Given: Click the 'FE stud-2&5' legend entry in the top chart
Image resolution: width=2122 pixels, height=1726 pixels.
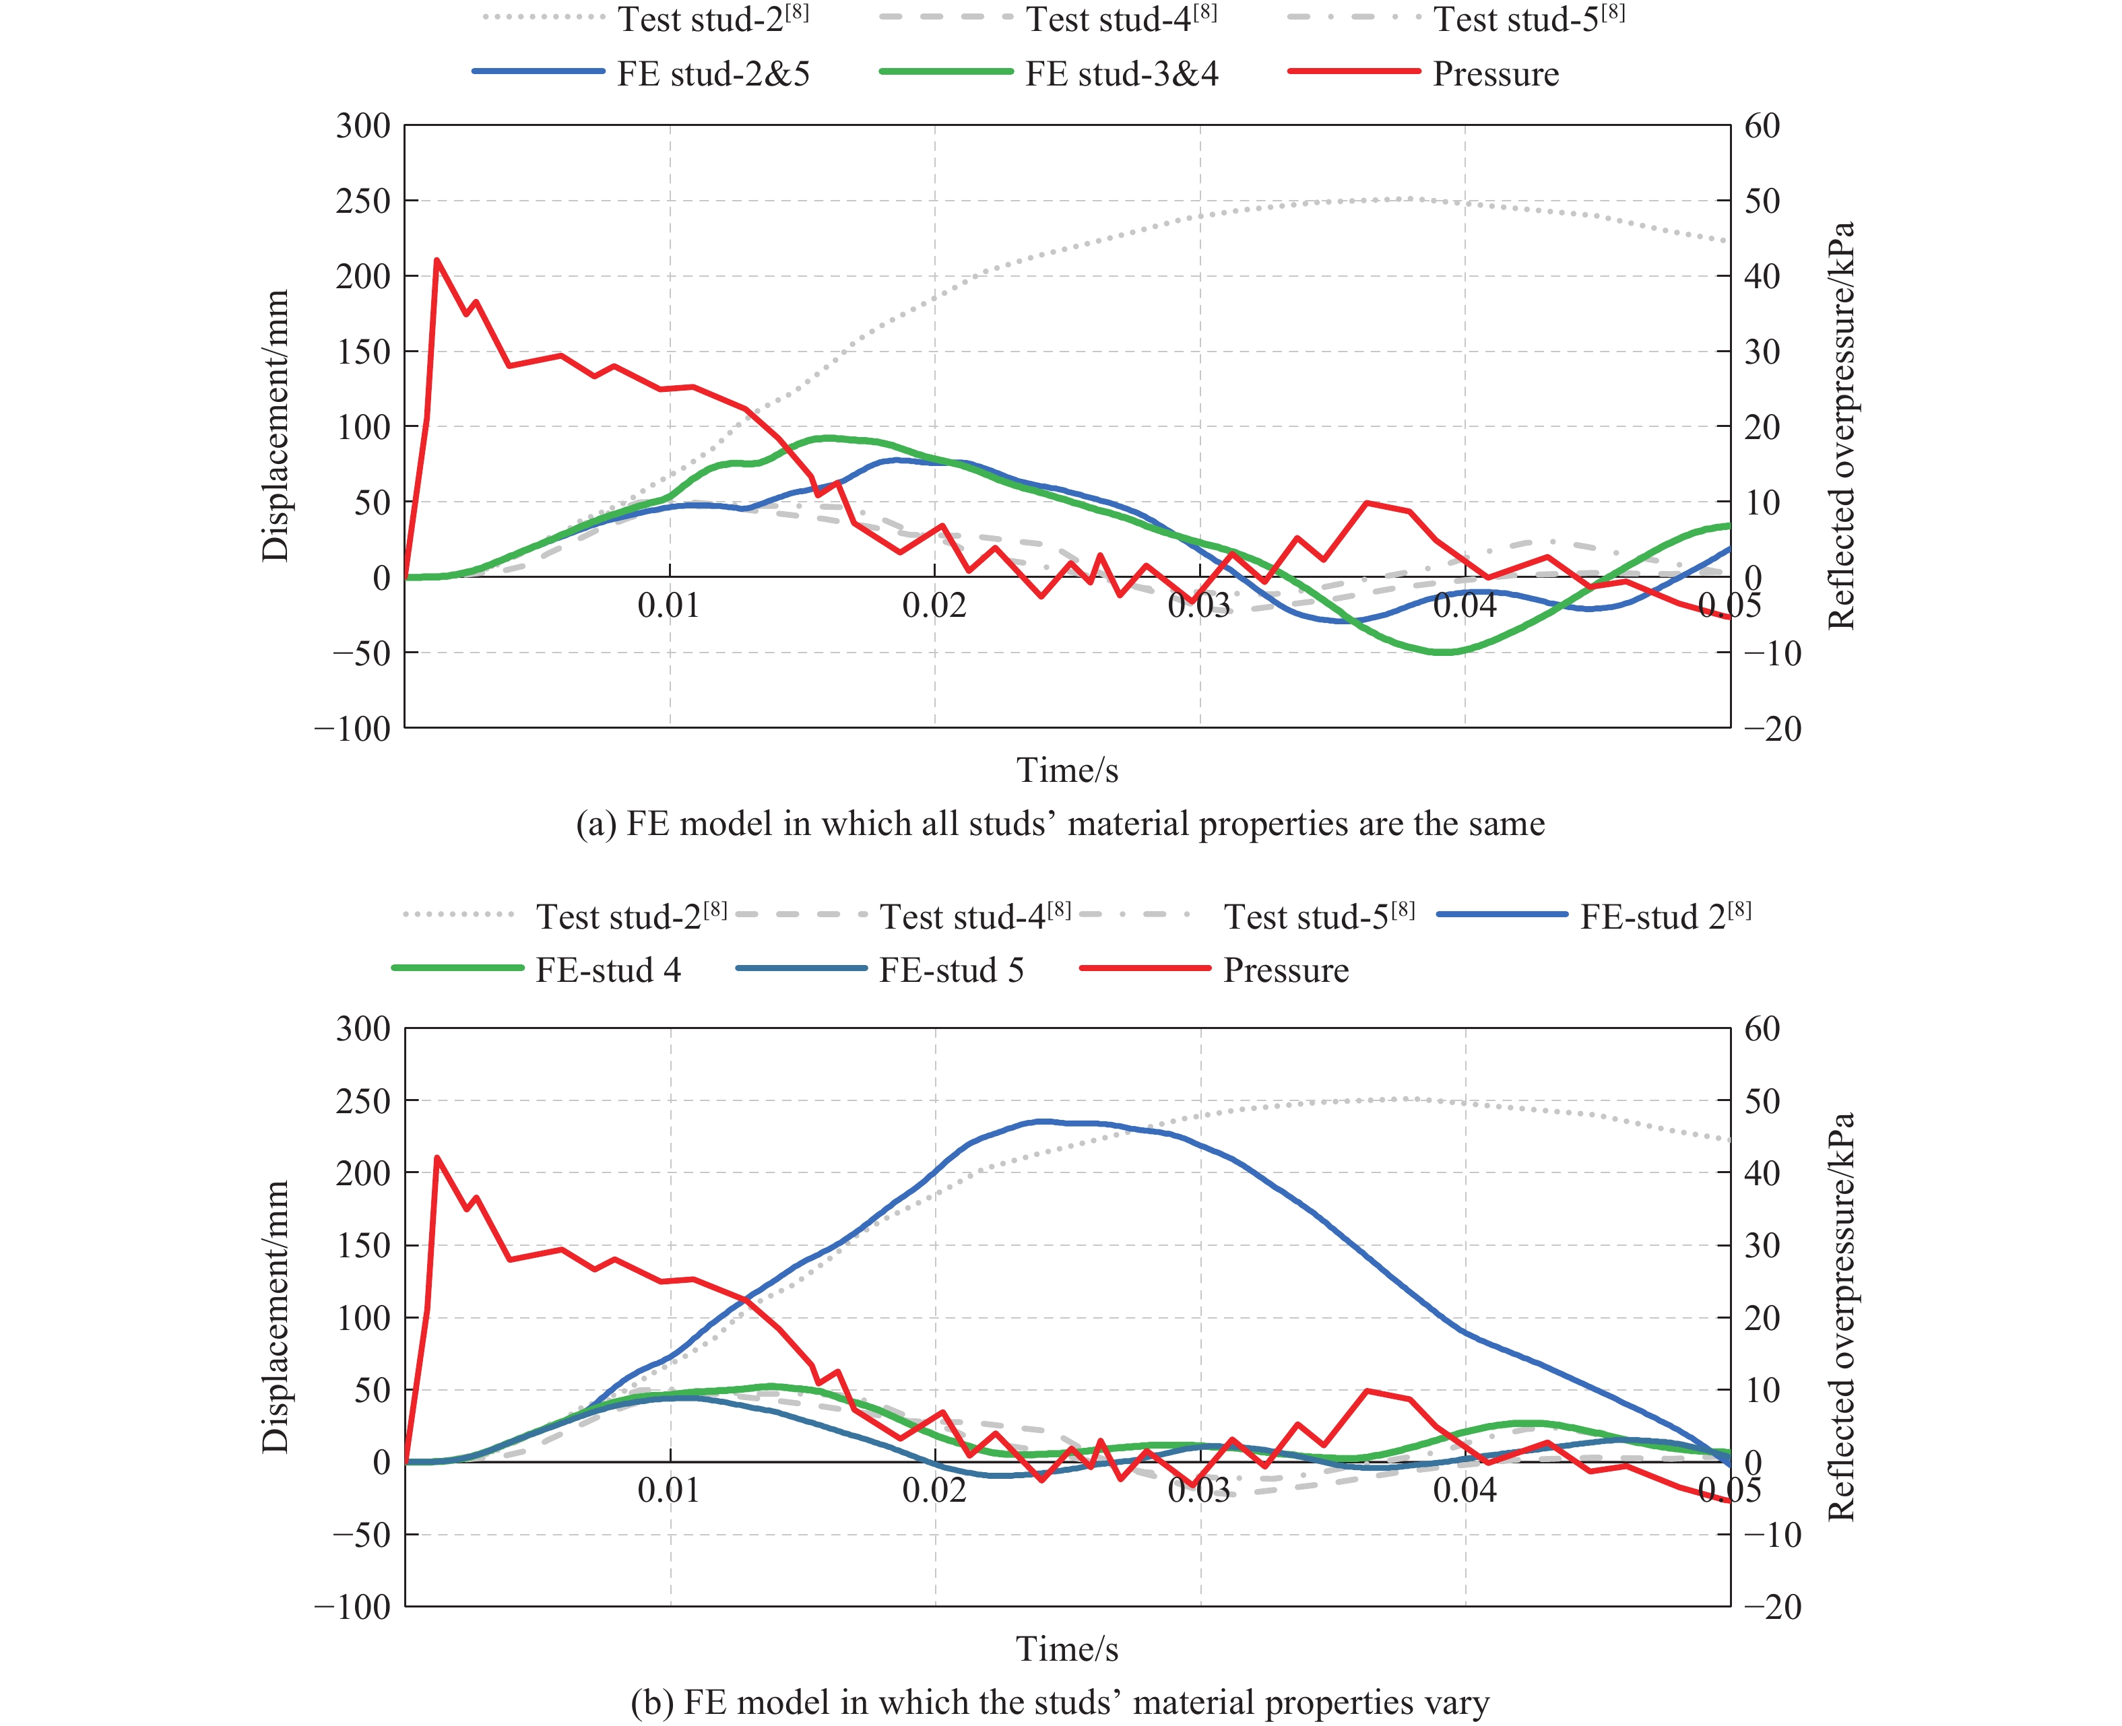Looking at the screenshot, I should [x=713, y=73].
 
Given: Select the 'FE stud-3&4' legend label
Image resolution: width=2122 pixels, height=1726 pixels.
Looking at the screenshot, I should [x=1122, y=73].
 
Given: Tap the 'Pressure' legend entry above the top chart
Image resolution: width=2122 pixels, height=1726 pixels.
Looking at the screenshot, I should [x=1496, y=73].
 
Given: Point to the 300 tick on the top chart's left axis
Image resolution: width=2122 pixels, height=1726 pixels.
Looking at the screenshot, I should [x=363, y=127].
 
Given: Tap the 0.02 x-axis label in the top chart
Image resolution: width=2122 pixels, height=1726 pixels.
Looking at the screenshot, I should [x=934, y=605].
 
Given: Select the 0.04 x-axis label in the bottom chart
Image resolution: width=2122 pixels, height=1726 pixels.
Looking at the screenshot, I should [x=1464, y=1490].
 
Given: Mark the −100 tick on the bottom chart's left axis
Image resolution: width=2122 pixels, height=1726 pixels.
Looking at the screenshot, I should [x=353, y=1607].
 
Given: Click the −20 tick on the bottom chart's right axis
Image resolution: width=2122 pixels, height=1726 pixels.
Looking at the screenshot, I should [x=1772, y=1607].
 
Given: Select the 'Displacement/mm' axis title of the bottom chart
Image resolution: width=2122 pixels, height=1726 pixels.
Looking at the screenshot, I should [x=274, y=1317].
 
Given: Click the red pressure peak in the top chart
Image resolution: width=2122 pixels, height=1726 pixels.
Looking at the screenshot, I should [x=437, y=261].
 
